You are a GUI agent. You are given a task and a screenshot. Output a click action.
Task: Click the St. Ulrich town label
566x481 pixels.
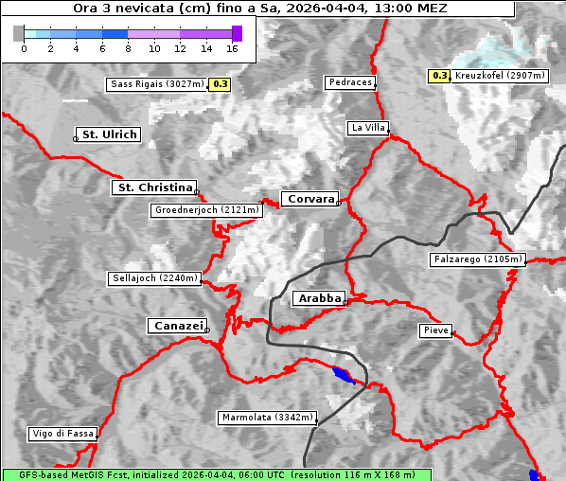click(109, 134)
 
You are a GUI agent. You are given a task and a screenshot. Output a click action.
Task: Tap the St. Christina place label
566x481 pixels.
click(154, 187)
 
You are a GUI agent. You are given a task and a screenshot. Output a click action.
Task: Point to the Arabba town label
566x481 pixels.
click(319, 298)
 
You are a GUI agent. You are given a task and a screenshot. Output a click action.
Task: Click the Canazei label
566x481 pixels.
click(177, 326)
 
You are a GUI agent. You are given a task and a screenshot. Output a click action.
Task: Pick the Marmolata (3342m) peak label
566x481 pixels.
click(266, 418)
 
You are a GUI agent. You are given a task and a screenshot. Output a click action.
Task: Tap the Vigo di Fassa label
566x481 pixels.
click(62, 434)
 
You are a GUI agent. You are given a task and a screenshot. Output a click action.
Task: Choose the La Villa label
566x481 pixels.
click(367, 127)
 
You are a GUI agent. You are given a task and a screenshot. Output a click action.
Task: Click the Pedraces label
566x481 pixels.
click(350, 82)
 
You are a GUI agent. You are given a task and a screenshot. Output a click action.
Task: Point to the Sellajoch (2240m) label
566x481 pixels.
click(154, 278)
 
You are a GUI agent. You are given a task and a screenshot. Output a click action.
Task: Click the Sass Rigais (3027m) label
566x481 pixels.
click(157, 84)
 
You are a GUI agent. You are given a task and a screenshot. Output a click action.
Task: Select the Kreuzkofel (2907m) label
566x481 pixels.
click(498, 75)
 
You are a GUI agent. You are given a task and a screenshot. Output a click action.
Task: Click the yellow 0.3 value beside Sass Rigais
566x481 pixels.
click(221, 84)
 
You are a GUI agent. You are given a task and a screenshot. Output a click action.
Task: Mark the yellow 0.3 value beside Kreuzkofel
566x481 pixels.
click(439, 75)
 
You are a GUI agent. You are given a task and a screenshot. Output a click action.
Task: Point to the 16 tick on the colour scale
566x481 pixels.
click(233, 47)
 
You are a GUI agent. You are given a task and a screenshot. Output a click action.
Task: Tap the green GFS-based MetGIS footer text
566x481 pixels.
click(216, 474)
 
